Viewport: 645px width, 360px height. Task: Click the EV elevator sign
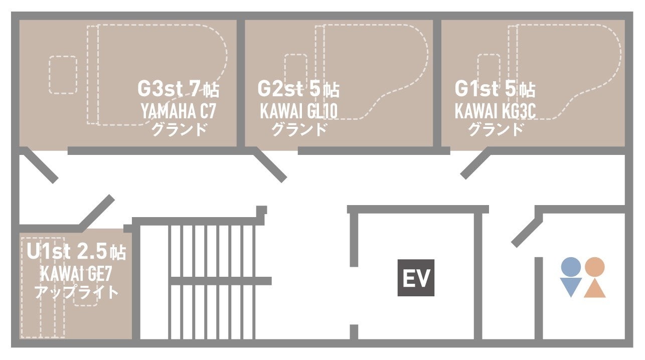click(x=416, y=278)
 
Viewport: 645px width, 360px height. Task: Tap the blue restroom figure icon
click(x=571, y=277)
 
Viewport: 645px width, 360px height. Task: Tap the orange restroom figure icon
click(x=595, y=277)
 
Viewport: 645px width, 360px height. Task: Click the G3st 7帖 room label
click(x=178, y=89)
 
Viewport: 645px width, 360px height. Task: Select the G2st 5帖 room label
click(x=298, y=89)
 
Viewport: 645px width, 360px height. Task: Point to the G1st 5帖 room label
click(x=495, y=89)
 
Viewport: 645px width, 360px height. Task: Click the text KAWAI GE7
click(x=76, y=274)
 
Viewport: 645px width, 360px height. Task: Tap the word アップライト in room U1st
click(x=76, y=292)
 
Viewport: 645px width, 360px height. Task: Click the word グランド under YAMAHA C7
click(x=179, y=129)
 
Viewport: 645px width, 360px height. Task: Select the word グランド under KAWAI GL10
click(x=299, y=129)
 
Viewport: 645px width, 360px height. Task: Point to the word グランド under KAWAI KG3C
click(x=496, y=129)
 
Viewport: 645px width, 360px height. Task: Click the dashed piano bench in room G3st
click(x=63, y=75)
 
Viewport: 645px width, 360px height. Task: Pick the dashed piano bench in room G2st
click(x=295, y=72)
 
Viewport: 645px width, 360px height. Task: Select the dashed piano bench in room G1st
click(x=489, y=72)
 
